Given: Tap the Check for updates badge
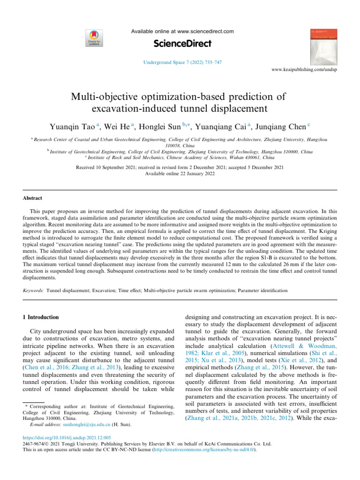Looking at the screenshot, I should click(92, 37).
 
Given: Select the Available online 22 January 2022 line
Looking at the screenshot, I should click(180, 173).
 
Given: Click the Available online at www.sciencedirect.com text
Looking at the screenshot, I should click(181, 31).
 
